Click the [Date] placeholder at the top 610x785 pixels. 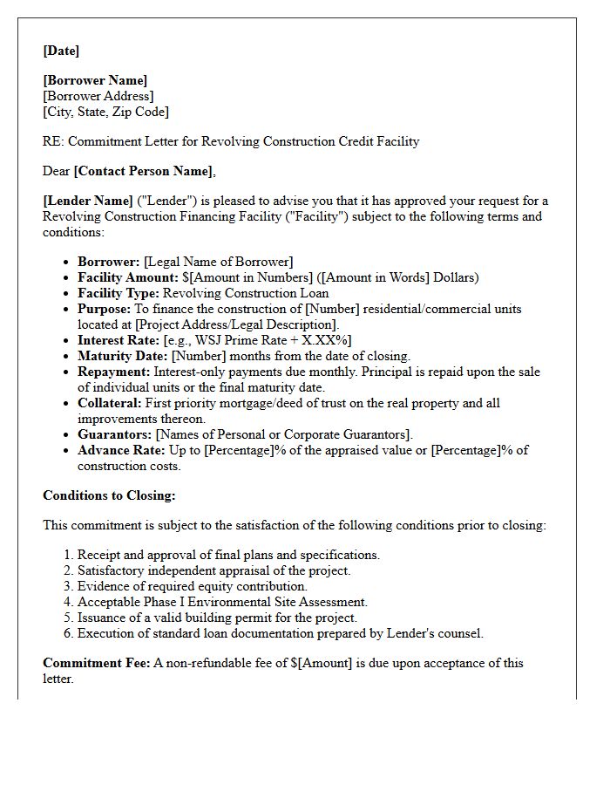click(x=61, y=51)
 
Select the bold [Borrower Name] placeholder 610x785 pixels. click(x=95, y=80)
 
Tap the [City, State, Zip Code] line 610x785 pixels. click(x=105, y=112)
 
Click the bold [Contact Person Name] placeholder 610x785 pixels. click(x=144, y=171)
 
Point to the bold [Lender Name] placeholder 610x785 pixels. click(x=88, y=201)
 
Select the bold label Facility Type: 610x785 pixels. click(x=119, y=293)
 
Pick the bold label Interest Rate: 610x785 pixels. click(x=119, y=340)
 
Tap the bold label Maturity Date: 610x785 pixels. click(x=122, y=356)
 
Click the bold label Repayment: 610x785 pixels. click(x=113, y=372)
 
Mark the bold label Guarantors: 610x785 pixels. click(x=114, y=434)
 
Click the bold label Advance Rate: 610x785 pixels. click(x=121, y=450)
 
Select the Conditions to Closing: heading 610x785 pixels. click(x=109, y=495)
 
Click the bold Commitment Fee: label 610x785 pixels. click(x=96, y=663)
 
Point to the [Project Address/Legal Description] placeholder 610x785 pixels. click(x=236, y=324)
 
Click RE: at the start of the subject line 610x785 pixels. click(x=52, y=141)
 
